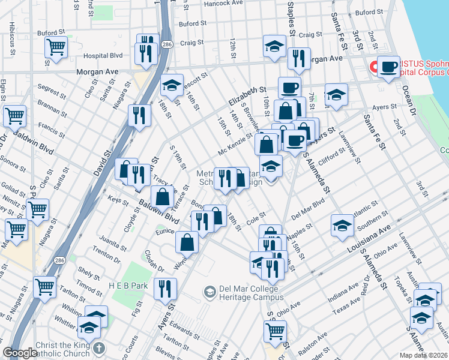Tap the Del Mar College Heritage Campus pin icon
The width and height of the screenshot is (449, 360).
click(209, 292)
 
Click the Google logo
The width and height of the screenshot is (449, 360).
click(20, 353)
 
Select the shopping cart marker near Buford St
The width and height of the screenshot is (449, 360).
click(56, 46)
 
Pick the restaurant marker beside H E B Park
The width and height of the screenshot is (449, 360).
click(165, 289)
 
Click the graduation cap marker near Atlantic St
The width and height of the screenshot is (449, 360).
click(342, 225)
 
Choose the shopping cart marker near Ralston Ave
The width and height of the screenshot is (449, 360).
click(275, 331)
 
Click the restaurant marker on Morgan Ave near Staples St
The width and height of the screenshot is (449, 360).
click(298, 58)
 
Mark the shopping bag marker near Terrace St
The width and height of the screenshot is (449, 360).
click(162, 196)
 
